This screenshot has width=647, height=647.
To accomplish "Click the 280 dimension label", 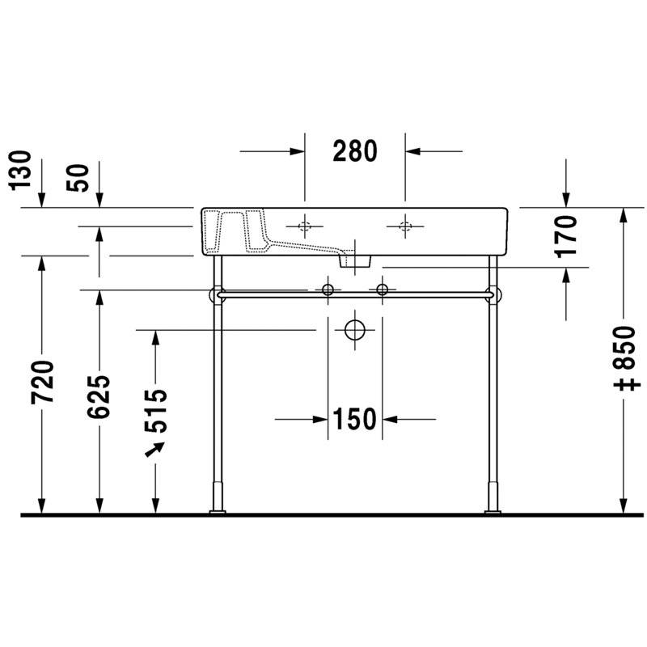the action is point(355,151).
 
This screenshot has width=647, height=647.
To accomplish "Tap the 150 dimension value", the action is point(355,419).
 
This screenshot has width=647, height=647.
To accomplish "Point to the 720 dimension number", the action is point(42,382).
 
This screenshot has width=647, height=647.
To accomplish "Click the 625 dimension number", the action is point(99,396).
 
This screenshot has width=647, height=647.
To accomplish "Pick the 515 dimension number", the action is point(156,411).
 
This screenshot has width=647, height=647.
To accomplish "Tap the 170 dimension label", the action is point(566,237).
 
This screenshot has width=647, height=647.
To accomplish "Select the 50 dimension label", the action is point(78,178).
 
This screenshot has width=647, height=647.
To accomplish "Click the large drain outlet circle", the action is point(355,330).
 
